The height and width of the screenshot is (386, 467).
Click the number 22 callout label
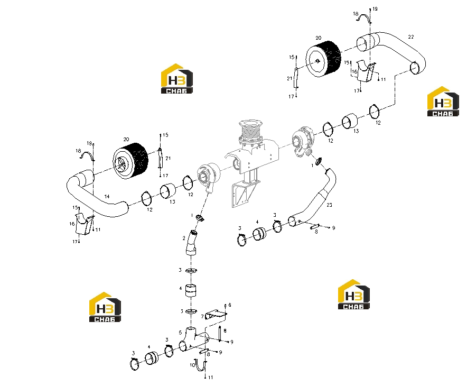pos(410,37)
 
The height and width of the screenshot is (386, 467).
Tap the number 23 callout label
pos(329,205)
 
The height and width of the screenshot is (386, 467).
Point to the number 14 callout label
pos(107,196)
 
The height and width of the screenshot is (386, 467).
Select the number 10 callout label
pos(192,365)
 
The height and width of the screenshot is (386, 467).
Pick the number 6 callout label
pos(230,305)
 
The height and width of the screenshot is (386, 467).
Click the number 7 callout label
pos(202,317)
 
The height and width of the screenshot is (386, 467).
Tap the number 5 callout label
pos(180,333)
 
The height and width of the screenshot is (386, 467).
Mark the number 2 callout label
pos(184,238)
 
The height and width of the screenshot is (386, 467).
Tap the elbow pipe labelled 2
pos(191,243)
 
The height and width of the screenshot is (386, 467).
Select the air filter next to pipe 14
pos(130,160)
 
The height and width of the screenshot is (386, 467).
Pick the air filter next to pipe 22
pos(323,59)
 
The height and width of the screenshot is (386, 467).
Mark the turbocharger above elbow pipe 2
pos(209,177)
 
